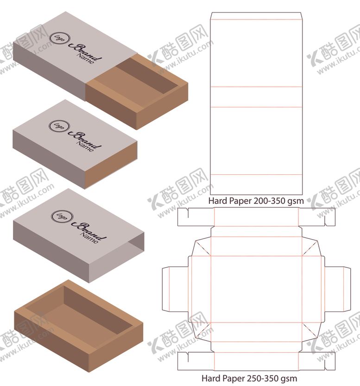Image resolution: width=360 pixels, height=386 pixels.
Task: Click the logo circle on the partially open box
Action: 59,38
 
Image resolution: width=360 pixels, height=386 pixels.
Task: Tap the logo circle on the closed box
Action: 59,126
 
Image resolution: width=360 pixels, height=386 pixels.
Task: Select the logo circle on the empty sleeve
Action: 62,216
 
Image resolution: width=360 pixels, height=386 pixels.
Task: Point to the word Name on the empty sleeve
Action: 89,238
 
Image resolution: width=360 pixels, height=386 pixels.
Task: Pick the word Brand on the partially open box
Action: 85,52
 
